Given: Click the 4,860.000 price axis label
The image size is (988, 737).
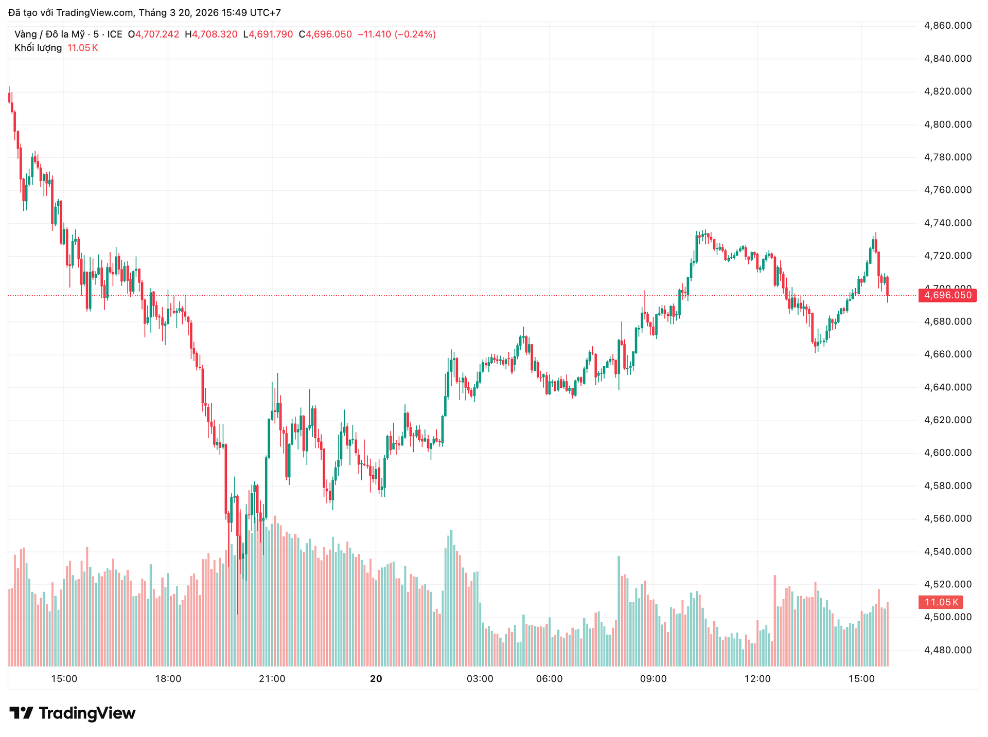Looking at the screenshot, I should (947, 26).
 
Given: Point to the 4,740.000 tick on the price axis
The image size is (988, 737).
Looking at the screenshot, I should (947, 223).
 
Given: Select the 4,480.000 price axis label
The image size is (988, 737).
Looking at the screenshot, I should (947, 650).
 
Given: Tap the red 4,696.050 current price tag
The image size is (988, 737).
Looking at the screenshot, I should (947, 295).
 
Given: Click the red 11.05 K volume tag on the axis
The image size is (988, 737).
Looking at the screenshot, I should (941, 602).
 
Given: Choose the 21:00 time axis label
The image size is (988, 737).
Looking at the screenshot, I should (272, 679).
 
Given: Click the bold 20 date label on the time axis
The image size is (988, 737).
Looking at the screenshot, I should (376, 679).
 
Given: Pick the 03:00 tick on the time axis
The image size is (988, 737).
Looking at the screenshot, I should (480, 679).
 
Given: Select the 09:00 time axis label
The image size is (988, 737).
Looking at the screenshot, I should (653, 679).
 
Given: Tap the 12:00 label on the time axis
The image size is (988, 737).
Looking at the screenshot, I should (757, 679).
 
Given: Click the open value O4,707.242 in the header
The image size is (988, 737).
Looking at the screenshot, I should (153, 34).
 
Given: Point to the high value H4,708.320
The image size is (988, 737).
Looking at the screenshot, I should (211, 34).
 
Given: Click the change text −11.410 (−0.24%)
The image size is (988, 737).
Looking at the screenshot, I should (396, 34).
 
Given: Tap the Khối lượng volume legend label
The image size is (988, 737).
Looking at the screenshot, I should (38, 48).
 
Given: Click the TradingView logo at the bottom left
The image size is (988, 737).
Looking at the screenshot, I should (73, 713).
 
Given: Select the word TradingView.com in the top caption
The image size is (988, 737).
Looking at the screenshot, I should (95, 13).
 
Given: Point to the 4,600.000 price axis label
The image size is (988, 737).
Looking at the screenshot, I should (947, 453).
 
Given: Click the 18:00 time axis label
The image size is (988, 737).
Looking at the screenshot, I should (168, 679).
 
